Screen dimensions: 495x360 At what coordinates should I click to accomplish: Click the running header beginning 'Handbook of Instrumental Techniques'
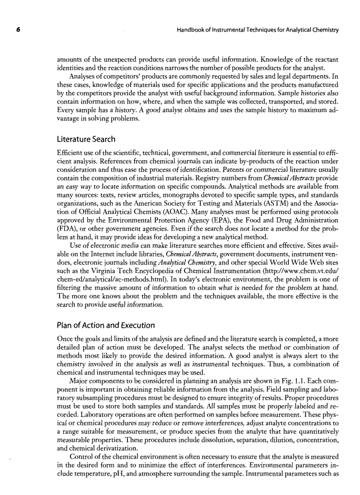[x=257, y=30]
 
